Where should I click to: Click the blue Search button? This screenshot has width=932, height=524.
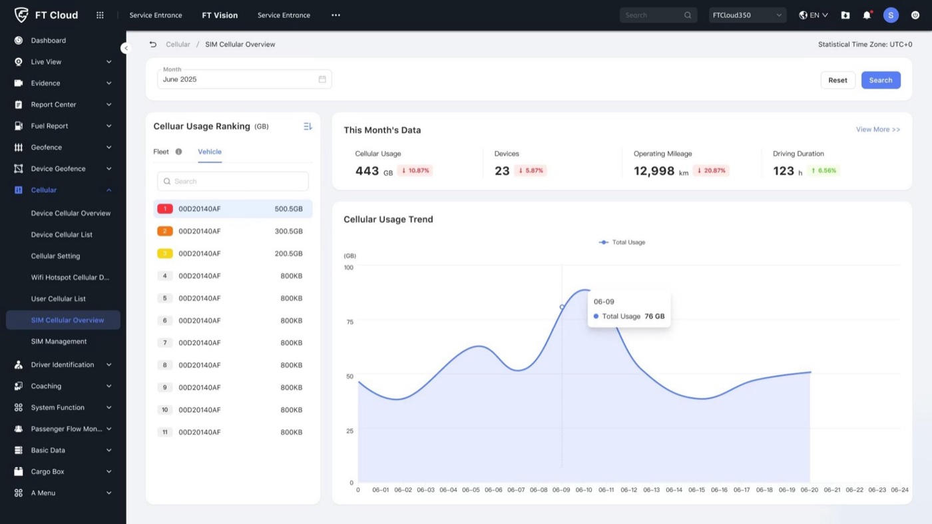[x=881, y=80]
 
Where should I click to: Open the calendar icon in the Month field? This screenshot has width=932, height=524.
[x=322, y=79]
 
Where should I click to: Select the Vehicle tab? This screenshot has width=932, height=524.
[x=210, y=152]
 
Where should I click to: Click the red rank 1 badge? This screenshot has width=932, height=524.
[x=165, y=208]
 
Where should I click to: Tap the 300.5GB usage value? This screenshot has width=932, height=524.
[x=289, y=231]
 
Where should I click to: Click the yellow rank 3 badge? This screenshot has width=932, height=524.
[x=165, y=254]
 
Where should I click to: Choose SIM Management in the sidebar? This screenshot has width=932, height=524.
[x=59, y=342]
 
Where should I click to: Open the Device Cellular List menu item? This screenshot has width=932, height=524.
[x=61, y=234]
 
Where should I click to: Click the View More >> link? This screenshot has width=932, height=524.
[x=878, y=129]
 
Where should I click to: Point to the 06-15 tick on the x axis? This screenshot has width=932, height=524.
[x=696, y=490]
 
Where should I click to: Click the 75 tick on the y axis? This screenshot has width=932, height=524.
[x=350, y=322]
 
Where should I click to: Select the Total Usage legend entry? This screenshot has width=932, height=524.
[x=622, y=242]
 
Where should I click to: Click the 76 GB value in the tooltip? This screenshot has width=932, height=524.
[x=654, y=316]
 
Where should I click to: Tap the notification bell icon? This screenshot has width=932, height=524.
[x=867, y=15]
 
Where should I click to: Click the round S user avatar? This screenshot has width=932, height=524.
[x=891, y=15]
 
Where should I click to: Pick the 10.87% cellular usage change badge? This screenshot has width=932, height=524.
[x=415, y=170]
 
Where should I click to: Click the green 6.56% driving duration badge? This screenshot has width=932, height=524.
[x=823, y=170]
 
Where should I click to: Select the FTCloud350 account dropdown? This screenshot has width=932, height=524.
[x=747, y=15]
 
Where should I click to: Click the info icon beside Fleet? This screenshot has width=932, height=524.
[x=178, y=152]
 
